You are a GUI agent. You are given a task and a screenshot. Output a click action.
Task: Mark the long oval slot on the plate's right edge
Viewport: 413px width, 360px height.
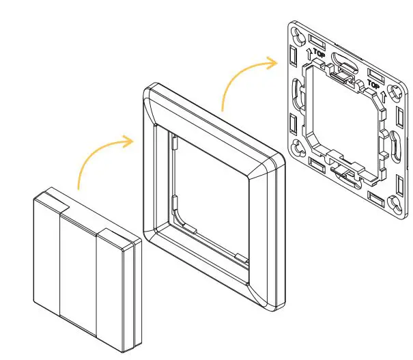(395, 146)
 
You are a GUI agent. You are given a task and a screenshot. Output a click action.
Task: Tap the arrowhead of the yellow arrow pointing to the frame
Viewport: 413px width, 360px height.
(131, 141)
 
